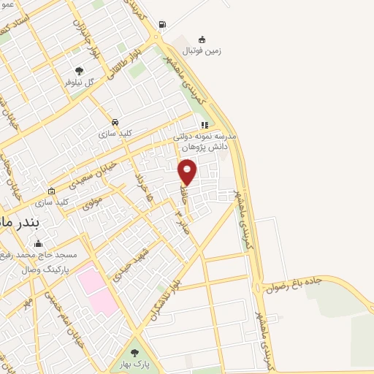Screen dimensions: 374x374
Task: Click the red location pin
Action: point(188,172)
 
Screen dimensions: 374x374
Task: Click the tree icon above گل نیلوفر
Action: point(79,71)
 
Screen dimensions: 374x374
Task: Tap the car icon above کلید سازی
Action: point(115,122)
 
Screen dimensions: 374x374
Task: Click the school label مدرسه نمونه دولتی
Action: point(201,137)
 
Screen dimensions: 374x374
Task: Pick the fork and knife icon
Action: point(205,124)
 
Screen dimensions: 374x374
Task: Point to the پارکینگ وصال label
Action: point(39,269)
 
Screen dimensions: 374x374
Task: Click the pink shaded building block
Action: point(94,289)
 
